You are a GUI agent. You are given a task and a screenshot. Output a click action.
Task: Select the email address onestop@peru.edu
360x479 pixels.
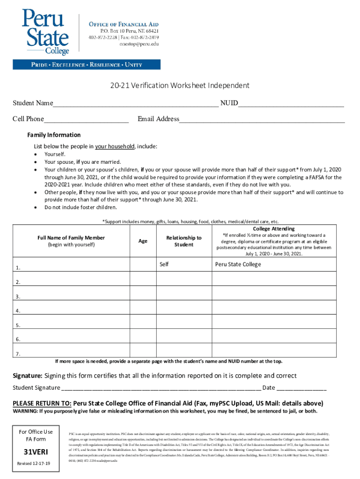[x=139, y=44]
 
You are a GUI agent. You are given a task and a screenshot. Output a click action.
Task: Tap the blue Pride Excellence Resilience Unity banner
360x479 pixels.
[x=86, y=65]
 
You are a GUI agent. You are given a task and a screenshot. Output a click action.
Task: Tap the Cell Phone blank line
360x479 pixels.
[x=86, y=120]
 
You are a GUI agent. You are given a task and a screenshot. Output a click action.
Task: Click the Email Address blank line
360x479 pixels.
[x=262, y=120]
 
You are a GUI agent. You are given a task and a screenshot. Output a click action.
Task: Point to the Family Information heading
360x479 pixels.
[x=54, y=135]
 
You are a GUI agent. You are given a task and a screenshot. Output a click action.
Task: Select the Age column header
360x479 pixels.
[x=143, y=241]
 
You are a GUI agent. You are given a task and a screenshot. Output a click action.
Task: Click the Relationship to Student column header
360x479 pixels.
[x=184, y=241]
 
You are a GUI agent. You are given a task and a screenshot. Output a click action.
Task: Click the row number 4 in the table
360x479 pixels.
[x=18, y=311]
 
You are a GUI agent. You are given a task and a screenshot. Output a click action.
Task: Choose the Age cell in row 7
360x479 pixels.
[x=143, y=351]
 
